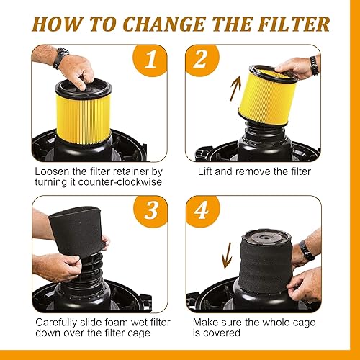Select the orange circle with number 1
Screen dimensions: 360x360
pos(150,60)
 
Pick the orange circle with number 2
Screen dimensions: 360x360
pos(202,60)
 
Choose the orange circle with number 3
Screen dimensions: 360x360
pos(150,211)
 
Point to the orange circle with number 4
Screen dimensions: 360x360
pos(203,211)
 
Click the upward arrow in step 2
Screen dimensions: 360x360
pos(235,89)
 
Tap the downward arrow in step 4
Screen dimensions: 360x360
pos(227,256)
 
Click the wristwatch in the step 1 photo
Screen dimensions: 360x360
pos(60,57)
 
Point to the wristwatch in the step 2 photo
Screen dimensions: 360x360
pos(315,66)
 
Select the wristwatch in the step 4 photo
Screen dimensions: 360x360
pos(307,251)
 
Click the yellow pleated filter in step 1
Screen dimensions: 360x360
pos(84,119)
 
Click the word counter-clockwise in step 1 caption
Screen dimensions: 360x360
pos(120,181)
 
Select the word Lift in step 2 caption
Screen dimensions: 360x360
pos(204,171)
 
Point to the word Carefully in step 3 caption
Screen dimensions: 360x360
pos(56,323)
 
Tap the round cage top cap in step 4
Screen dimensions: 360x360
pos(266,238)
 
